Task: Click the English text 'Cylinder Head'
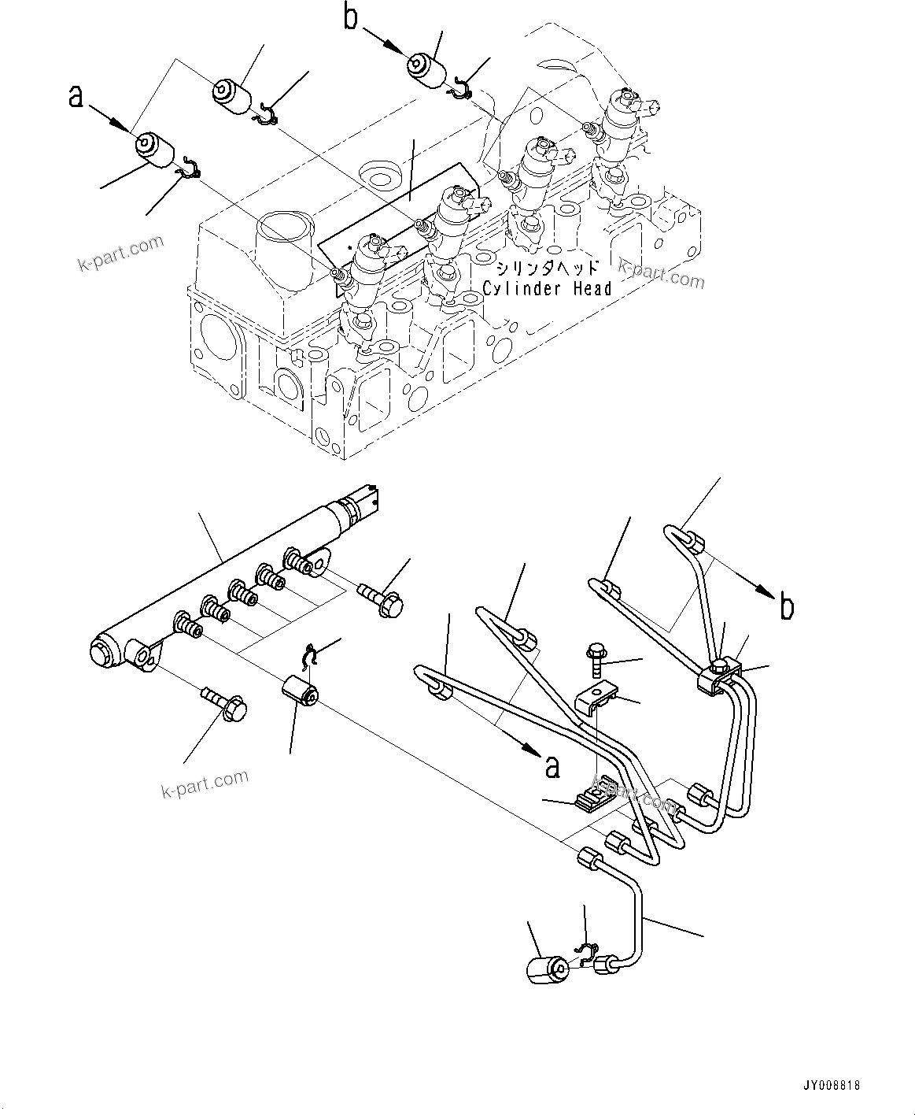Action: click(547, 289)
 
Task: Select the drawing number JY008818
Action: click(831, 1084)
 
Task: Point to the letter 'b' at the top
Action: click(352, 17)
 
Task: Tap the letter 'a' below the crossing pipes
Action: click(552, 765)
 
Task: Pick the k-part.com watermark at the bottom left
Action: click(205, 783)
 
